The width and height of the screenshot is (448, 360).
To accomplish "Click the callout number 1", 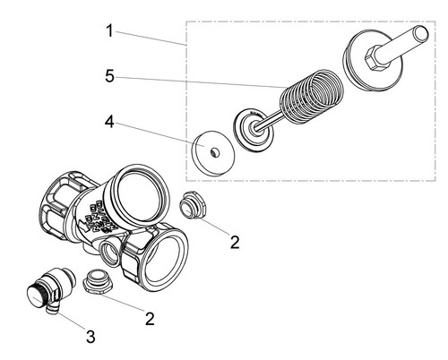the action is (x=110, y=31).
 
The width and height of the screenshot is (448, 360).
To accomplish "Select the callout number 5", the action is (x=109, y=76).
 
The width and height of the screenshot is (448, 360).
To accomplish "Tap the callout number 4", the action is (x=109, y=122).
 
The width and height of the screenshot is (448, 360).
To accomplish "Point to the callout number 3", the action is (x=90, y=337).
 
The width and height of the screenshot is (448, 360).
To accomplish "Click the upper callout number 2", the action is (x=235, y=242).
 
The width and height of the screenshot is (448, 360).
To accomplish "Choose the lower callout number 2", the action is (x=150, y=319).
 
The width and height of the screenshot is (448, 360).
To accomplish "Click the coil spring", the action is (x=312, y=96).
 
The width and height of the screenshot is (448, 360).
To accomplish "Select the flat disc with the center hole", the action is (x=213, y=153).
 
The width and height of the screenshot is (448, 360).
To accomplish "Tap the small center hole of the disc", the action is (x=215, y=152).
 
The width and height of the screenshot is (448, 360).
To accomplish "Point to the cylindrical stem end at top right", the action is (x=421, y=33).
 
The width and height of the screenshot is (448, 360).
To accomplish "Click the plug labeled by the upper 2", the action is (x=192, y=205).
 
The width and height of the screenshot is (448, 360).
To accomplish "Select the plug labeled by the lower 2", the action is (x=98, y=282).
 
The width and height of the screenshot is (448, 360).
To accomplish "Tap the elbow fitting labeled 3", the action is (x=50, y=289).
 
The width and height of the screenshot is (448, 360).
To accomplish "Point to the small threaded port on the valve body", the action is (x=110, y=253).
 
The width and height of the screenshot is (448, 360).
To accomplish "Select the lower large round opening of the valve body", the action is (x=164, y=257).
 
